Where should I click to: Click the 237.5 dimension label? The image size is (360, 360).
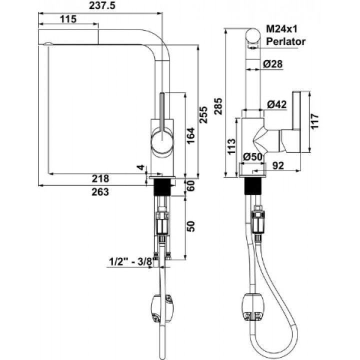click(102, 5)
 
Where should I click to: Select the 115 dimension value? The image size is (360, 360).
click(68, 19)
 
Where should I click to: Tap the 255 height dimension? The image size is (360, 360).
click(203, 115)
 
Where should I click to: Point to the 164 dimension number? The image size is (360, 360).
click(190, 135)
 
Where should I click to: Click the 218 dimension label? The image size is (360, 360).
click(100, 178)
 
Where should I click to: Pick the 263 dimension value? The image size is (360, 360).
click(100, 192)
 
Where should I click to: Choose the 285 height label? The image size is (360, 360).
click(218, 106)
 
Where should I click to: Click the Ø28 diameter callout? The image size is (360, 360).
click(273, 64)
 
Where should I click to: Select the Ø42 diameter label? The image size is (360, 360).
click(277, 104)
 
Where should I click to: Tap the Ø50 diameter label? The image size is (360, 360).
click(252, 157)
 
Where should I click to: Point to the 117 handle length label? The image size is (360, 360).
click(315, 121)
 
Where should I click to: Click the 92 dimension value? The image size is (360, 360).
click(278, 165)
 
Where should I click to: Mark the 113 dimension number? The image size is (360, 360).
click(231, 146)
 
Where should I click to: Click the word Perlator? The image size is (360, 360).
click(285, 41)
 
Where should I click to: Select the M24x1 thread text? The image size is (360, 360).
click(281, 29)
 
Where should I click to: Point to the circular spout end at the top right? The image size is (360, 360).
click(253, 36)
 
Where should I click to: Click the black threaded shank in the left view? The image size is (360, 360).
click(162, 187)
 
